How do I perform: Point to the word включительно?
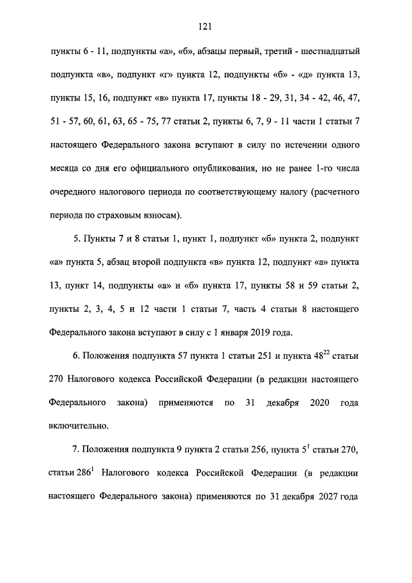[79, 425]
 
